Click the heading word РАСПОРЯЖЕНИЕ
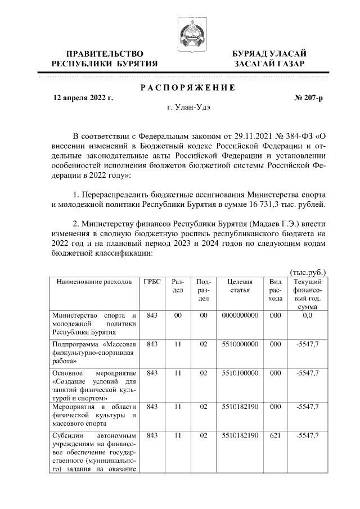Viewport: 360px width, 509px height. [x=187, y=87]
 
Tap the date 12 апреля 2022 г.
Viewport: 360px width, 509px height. [x=83, y=98]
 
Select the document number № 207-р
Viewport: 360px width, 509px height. [x=309, y=98]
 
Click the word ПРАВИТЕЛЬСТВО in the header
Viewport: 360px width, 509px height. [x=105, y=53]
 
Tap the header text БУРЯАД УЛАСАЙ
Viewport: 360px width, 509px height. [x=269, y=53]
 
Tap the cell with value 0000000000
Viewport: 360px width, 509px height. [x=240, y=316]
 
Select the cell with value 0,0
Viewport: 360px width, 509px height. [x=307, y=316]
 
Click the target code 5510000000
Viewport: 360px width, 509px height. [x=240, y=344]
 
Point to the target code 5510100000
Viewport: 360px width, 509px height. [x=240, y=373]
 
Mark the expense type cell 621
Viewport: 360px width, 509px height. [x=275, y=436]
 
